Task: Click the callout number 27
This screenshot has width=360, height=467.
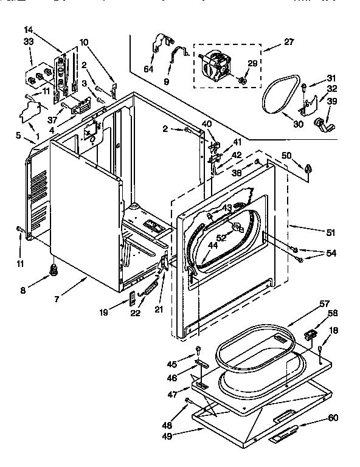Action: pyautogui.click(x=288, y=43)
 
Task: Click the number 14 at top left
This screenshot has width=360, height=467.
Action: pyautogui.click(x=28, y=29)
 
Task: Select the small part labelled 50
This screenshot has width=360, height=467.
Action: pyautogui.click(x=309, y=168)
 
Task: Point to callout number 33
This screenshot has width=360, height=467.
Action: pyautogui.click(x=28, y=41)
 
